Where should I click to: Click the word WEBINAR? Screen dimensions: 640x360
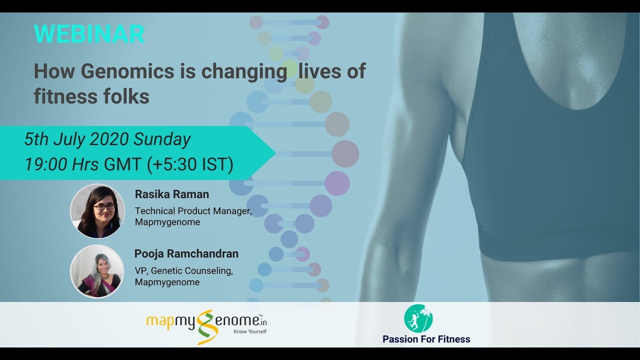(x=89, y=34)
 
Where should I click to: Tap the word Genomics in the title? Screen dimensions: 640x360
(x=127, y=71)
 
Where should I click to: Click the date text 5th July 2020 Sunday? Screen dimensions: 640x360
(x=107, y=139)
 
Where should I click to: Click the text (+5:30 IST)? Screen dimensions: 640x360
(x=190, y=164)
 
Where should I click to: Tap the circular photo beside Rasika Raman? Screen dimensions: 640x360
(x=97, y=211)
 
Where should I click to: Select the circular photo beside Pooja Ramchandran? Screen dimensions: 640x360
(x=97, y=271)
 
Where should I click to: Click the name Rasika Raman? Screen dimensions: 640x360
(x=172, y=194)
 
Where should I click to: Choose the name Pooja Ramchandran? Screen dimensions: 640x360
(x=186, y=253)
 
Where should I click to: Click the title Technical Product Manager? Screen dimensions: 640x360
(x=193, y=211)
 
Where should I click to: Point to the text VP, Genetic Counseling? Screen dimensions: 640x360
(x=184, y=270)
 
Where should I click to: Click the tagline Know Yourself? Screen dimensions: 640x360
(x=250, y=331)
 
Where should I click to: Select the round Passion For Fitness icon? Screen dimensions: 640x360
(x=418, y=318)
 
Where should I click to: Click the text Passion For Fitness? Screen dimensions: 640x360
(x=426, y=339)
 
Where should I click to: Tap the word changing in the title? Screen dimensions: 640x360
(x=244, y=71)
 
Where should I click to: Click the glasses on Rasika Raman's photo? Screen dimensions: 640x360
(x=104, y=206)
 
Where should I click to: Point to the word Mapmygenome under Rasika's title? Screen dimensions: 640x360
(x=167, y=222)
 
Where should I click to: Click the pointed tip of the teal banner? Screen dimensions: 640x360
(x=275, y=153)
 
